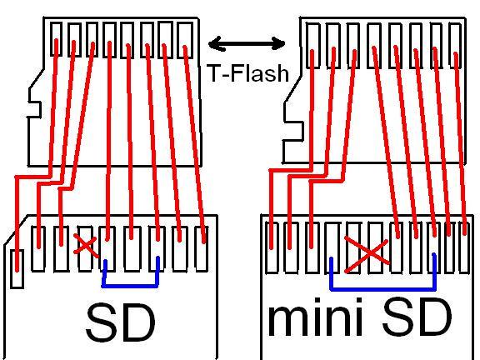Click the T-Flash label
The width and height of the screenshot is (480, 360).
(248, 73)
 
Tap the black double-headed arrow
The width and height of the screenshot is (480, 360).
(247, 43)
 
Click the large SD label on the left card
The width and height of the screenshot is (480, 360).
(121, 322)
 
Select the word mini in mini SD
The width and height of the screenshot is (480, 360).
(316, 317)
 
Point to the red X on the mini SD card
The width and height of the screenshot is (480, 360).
(367, 254)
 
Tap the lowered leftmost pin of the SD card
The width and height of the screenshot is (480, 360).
(17, 269)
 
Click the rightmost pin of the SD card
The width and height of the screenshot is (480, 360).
(202, 248)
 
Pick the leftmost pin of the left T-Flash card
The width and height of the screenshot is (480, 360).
(56, 39)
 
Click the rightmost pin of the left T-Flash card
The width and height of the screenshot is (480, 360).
(185, 40)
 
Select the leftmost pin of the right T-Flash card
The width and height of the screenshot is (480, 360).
(312, 45)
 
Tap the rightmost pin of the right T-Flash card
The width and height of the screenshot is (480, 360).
(456, 45)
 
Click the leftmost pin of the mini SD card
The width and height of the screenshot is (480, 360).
(272, 247)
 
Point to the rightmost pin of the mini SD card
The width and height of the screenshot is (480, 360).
(464, 247)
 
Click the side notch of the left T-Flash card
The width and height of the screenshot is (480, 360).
(34, 109)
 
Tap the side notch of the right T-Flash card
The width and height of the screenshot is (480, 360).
(293, 132)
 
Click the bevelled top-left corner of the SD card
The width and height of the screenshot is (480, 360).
(16, 230)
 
